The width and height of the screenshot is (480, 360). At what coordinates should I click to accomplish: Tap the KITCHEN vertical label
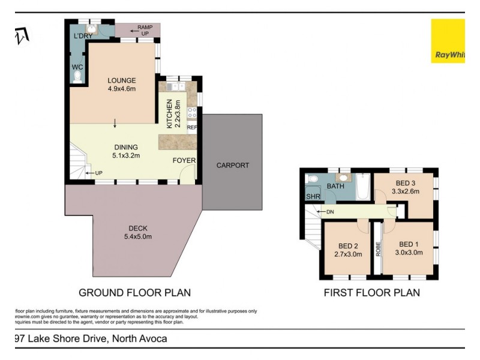coord(170,113)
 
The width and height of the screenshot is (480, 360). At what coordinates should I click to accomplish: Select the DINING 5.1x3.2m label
coord(126,151)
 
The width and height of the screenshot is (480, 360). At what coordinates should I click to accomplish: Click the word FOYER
coord(183,161)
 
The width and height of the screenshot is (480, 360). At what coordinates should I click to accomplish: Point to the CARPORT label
coord(232,166)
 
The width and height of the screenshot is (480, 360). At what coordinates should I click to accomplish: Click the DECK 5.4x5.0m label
coord(137,232)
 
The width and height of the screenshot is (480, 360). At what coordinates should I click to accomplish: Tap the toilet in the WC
coord(76,76)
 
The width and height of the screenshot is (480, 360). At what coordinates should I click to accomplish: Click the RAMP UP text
coord(145,30)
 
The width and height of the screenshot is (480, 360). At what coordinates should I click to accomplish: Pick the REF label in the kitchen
coord(192,127)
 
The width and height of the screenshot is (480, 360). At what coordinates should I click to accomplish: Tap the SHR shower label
coord(313,196)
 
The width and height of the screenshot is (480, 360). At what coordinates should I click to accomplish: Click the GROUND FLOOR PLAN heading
coord(135,293)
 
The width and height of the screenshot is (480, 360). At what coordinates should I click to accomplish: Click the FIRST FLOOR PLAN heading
coord(371,293)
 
